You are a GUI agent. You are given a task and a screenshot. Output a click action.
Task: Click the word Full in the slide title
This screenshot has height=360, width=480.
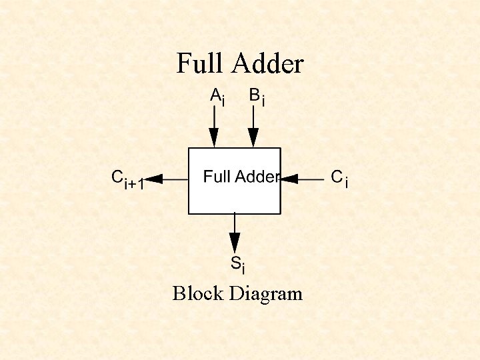[201, 64]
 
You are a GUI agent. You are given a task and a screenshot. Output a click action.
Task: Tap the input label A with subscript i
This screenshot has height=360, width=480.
[217, 97]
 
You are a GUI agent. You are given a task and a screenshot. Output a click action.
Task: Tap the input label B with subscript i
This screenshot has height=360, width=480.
[257, 97]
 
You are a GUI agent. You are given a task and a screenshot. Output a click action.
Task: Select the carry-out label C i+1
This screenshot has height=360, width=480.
[127, 180]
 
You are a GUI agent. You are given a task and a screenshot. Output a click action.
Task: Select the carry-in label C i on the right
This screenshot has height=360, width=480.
[339, 178]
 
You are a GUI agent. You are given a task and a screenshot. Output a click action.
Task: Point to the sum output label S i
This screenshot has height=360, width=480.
[238, 265]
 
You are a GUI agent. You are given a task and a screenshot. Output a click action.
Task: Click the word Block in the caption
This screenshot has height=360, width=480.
[198, 293]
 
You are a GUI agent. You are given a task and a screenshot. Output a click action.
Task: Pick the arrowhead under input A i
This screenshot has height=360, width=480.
[214, 138]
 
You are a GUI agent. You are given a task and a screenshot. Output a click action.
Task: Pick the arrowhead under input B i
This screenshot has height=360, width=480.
[253, 138]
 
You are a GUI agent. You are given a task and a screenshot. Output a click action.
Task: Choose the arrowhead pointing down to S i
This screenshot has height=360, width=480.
[235, 243]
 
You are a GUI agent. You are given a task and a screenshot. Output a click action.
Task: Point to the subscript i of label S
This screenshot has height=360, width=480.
[243, 269]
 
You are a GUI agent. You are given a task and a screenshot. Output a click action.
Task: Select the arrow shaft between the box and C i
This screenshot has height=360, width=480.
[312, 179]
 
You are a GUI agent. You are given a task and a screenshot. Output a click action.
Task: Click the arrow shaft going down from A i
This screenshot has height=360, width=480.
[214, 118]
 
